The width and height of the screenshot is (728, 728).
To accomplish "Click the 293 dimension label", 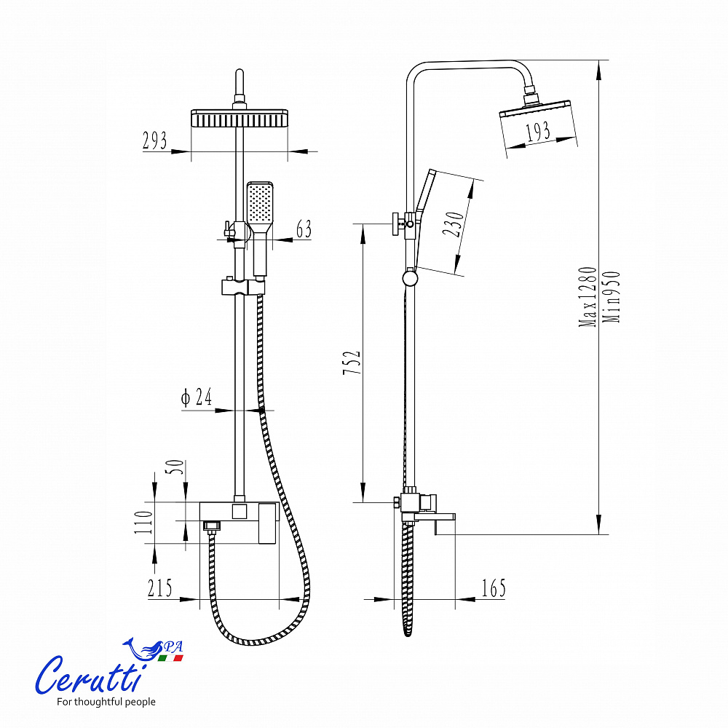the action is click(154, 141).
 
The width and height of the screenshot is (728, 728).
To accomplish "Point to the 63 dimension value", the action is click(304, 229).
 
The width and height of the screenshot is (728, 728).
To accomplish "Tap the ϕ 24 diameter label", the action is click(197, 397).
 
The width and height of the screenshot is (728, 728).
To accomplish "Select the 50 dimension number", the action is click(175, 466).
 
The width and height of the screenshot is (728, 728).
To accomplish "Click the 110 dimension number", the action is click(144, 522).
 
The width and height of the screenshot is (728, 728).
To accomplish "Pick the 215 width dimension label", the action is click(159, 588).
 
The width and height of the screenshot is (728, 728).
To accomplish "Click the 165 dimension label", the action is click(494, 588).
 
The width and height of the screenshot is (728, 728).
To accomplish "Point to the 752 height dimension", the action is click(352, 363).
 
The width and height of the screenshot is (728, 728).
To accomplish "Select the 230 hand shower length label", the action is click(453, 223).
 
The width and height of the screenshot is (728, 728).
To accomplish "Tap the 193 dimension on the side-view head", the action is click(538, 131).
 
